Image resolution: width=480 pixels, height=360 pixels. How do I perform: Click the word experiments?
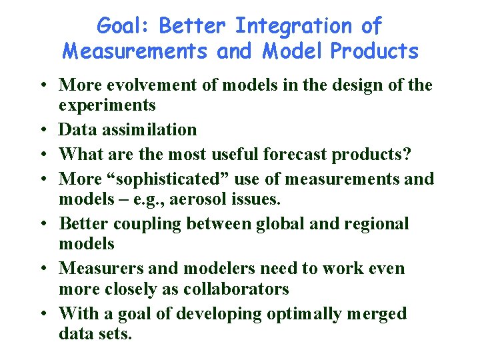[107, 105]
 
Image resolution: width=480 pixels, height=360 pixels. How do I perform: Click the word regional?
[376, 223]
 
